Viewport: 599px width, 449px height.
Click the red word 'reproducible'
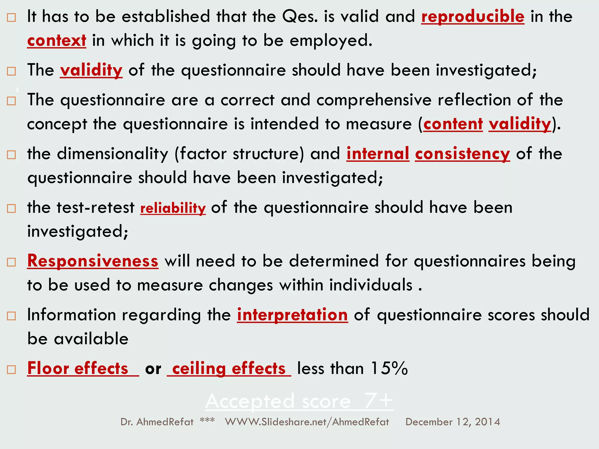[x=473, y=16]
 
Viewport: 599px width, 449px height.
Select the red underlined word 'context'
[x=56, y=41]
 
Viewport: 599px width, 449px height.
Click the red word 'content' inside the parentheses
[x=453, y=124]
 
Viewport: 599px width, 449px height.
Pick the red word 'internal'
[x=378, y=154]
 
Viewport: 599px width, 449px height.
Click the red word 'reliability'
[x=173, y=208]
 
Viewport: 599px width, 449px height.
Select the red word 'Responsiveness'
[x=93, y=261]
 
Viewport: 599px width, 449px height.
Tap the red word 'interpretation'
[x=292, y=315]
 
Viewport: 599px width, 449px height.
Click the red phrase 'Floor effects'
[x=78, y=368]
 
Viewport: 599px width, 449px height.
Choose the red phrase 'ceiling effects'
[x=229, y=369]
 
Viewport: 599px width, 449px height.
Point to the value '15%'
[x=389, y=368]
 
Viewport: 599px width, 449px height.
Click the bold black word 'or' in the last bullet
[x=153, y=369]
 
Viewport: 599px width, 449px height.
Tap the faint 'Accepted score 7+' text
[x=299, y=401]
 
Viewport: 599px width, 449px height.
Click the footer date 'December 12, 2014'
[x=452, y=422]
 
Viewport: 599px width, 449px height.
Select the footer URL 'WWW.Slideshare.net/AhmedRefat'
[x=307, y=422]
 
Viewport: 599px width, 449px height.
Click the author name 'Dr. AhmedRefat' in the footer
[x=157, y=422]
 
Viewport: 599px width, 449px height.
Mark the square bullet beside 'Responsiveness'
[x=11, y=262]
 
